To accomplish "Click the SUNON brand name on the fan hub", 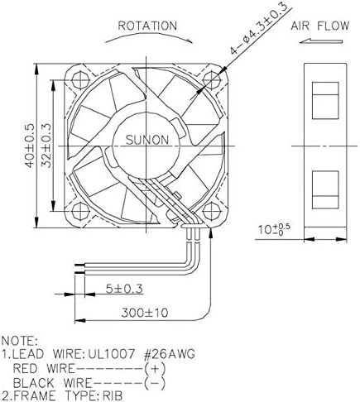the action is tap(146, 140).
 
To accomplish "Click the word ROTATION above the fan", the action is tap(147, 26).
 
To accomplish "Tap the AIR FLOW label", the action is tap(320, 26).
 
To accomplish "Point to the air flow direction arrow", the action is tap(321, 41).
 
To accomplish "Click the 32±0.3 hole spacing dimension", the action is tap(46, 146).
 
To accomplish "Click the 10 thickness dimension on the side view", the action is tap(274, 229).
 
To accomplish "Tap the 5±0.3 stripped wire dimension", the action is tap(124, 289).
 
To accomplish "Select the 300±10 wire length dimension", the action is tap(145, 313).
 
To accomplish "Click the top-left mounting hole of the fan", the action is tap(80, 80).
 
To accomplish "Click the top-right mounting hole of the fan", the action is tap(212, 80).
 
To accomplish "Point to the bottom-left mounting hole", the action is tap(80, 211).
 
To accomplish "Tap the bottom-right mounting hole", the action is tap(212, 211).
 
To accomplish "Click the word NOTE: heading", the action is tap(19, 341).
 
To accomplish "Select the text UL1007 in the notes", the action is tap(112, 354).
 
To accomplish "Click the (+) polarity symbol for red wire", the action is tap(155, 369).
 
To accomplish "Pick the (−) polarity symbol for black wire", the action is tap(155, 383).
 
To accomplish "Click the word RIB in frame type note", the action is tap(113, 396).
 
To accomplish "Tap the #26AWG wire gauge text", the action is tap(170, 354).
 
